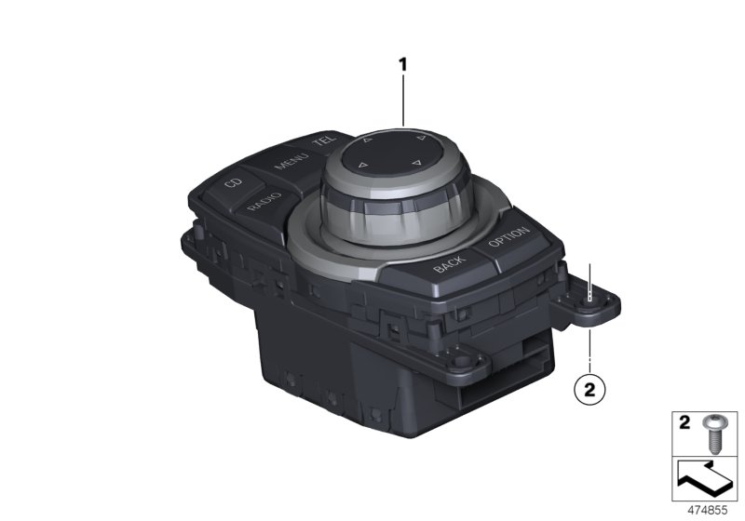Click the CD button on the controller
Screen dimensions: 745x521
tap(232, 182)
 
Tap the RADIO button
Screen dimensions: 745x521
tap(264, 203)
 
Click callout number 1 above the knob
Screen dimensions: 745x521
tap(403, 64)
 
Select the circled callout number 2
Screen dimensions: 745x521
tap(589, 390)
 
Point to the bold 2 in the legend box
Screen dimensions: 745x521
tap(684, 422)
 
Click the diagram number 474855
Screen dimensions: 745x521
tap(708, 511)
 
